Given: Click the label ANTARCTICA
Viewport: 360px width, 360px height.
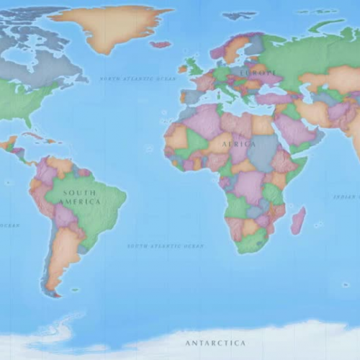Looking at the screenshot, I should click(x=215, y=343).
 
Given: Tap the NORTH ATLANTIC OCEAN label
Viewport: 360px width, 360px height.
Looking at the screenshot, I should click(x=138, y=78).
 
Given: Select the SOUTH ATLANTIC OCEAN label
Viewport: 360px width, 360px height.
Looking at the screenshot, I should click(x=166, y=246).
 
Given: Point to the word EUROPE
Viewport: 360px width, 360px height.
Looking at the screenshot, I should click(x=256, y=73).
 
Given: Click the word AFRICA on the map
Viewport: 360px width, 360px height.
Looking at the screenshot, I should click(x=238, y=144).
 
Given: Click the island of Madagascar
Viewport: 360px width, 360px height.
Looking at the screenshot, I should click(x=297, y=220).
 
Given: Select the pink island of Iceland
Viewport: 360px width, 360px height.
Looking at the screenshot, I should click(x=161, y=44).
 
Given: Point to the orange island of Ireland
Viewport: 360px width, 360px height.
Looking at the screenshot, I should click(x=183, y=69).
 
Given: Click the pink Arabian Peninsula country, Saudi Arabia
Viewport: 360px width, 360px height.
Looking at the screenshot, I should click(x=294, y=130).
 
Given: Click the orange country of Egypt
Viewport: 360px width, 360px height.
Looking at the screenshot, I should click(x=264, y=124).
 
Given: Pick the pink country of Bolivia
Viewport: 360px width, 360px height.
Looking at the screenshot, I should click(x=66, y=215).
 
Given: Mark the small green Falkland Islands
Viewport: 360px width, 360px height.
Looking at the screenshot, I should click(x=75, y=290).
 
